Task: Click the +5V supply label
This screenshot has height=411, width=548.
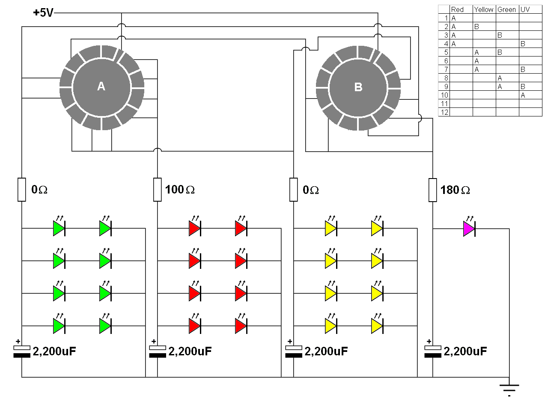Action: pos(43,13)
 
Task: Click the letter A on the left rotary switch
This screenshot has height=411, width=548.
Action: pos(101,86)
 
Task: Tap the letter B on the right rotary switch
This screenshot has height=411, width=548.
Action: pos(358,87)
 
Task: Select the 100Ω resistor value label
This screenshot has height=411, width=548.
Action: pos(180,190)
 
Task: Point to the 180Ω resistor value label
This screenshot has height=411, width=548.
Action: pos(455,190)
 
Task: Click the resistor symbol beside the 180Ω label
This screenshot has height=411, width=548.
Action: pos(432,190)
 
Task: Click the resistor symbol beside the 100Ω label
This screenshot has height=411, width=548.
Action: pos(158,190)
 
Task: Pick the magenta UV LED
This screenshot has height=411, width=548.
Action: pos(469,229)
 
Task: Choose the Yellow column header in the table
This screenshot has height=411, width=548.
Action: pos(484,9)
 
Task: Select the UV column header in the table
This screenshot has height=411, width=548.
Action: pos(525,9)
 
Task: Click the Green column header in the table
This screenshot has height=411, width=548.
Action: pos(506,9)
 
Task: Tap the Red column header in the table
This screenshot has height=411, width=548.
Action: pos(457,9)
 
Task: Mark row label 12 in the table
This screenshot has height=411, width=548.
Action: pos(444,112)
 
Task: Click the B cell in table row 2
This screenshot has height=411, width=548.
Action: pos(477,27)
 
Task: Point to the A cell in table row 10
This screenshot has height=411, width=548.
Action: pos(523,95)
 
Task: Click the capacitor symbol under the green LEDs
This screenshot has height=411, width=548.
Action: pos(21,351)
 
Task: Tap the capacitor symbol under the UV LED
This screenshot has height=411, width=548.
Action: pos(432,351)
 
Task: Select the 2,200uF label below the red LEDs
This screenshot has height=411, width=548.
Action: pos(190,351)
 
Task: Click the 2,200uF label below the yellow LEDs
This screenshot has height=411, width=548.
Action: pos(326,351)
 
